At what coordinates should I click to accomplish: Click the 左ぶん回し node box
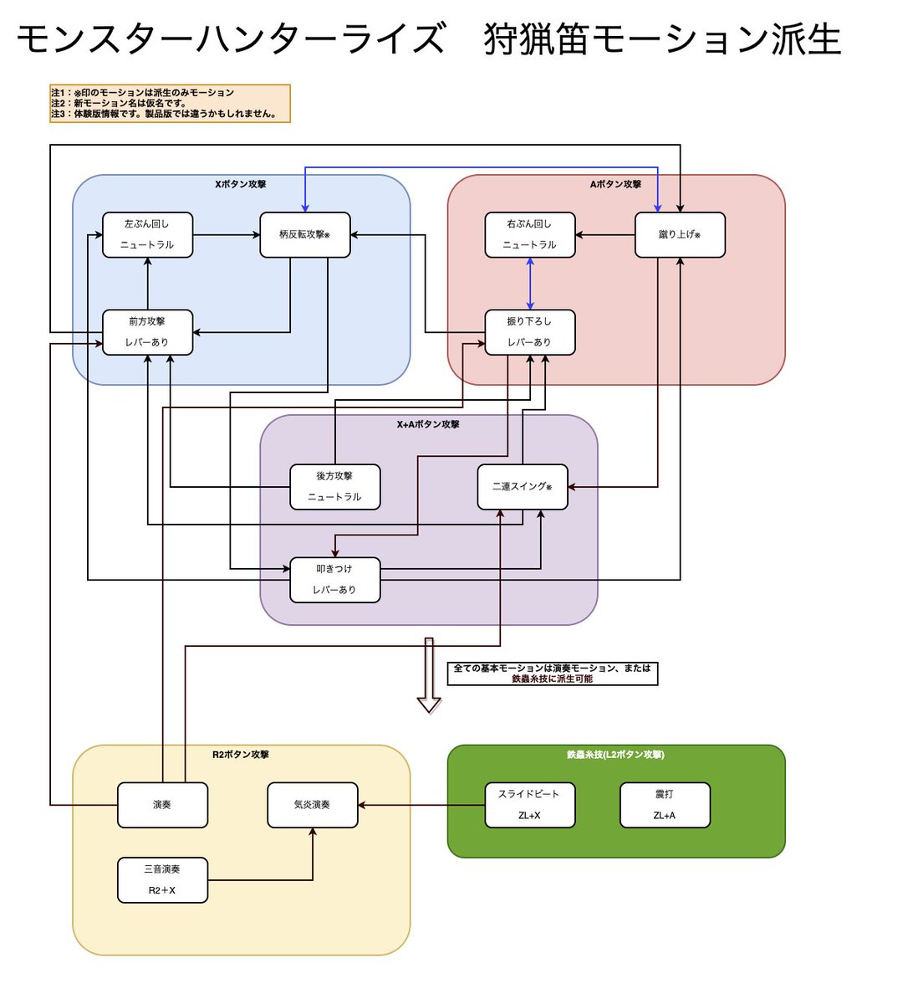(x=147, y=234)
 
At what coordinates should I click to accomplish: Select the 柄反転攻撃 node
(x=304, y=234)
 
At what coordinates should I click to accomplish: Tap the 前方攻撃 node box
(x=147, y=332)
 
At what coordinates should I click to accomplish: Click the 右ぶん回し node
(x=530, y=234)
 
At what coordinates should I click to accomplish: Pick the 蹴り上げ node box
(x=679, y=234)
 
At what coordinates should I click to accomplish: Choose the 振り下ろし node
(x=530, y=332)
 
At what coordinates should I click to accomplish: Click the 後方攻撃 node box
(x=334, y=487)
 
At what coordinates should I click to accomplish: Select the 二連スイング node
(x=522, y=487)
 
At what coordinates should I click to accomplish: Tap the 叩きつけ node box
(x=334, y=579)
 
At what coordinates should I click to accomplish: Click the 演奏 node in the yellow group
(x=162, y=805)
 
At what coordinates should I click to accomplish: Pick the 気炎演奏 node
(x=312, y=805)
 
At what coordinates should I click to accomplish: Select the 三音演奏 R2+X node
(x=162, y=880)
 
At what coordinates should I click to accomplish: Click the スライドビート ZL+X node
(x=530, y=805)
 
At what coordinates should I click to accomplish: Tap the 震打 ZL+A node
(x=665, y=805)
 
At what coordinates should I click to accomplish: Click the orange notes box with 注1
(x=170, y=104)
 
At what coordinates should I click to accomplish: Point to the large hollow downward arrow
(x=429, y=674)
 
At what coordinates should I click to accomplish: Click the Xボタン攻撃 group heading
(x=241, y=184)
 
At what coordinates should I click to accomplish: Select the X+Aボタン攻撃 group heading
(x=428, y=424)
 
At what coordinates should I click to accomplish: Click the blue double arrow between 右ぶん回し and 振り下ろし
(x=530, y=284)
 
